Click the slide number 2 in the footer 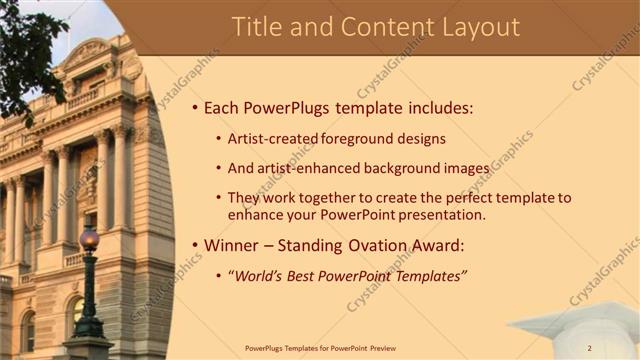coord(589,348)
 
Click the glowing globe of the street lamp coord(89,240)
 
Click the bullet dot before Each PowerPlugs coord(193,108)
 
